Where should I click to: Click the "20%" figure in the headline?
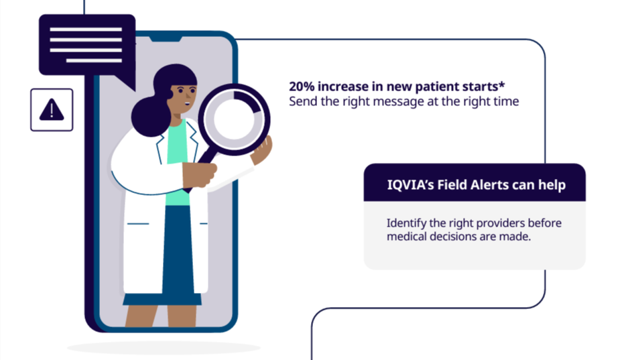click(302, 86)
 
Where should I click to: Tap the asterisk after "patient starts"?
click(502, 84)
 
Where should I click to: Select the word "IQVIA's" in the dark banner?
click(410, 185)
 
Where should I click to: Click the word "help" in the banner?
click(552, 185)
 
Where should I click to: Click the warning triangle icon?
click(52, 109)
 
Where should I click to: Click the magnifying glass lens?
click(234, 119)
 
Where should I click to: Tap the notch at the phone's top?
click(166, 39)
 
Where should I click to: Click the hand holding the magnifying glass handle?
click(199, 174)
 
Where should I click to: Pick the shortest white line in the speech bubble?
click(94, 60)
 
